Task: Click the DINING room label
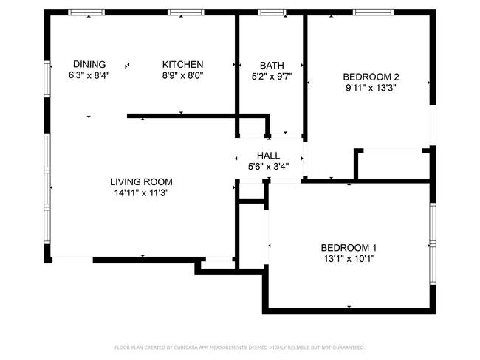(89, 64)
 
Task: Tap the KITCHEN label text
(182, 64)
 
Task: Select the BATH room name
(272, 66)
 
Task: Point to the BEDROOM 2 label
(371, 77)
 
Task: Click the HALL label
(269, 156)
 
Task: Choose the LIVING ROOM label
(142, 182)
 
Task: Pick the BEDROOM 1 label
(349, 247)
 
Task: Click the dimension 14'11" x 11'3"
(142, 193)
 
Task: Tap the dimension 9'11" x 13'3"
(371, 88)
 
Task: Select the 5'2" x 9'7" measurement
(272, 77)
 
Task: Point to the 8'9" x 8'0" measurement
(182, 75)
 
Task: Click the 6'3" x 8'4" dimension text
(89, 75)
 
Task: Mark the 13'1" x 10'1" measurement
(349, 259)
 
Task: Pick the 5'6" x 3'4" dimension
(269, 167)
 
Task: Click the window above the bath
(272, 13)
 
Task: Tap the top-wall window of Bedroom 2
(373, 13)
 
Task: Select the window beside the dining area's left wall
(47, 79)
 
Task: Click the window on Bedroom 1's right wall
(433, 243)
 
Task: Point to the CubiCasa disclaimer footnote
(240, 347)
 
